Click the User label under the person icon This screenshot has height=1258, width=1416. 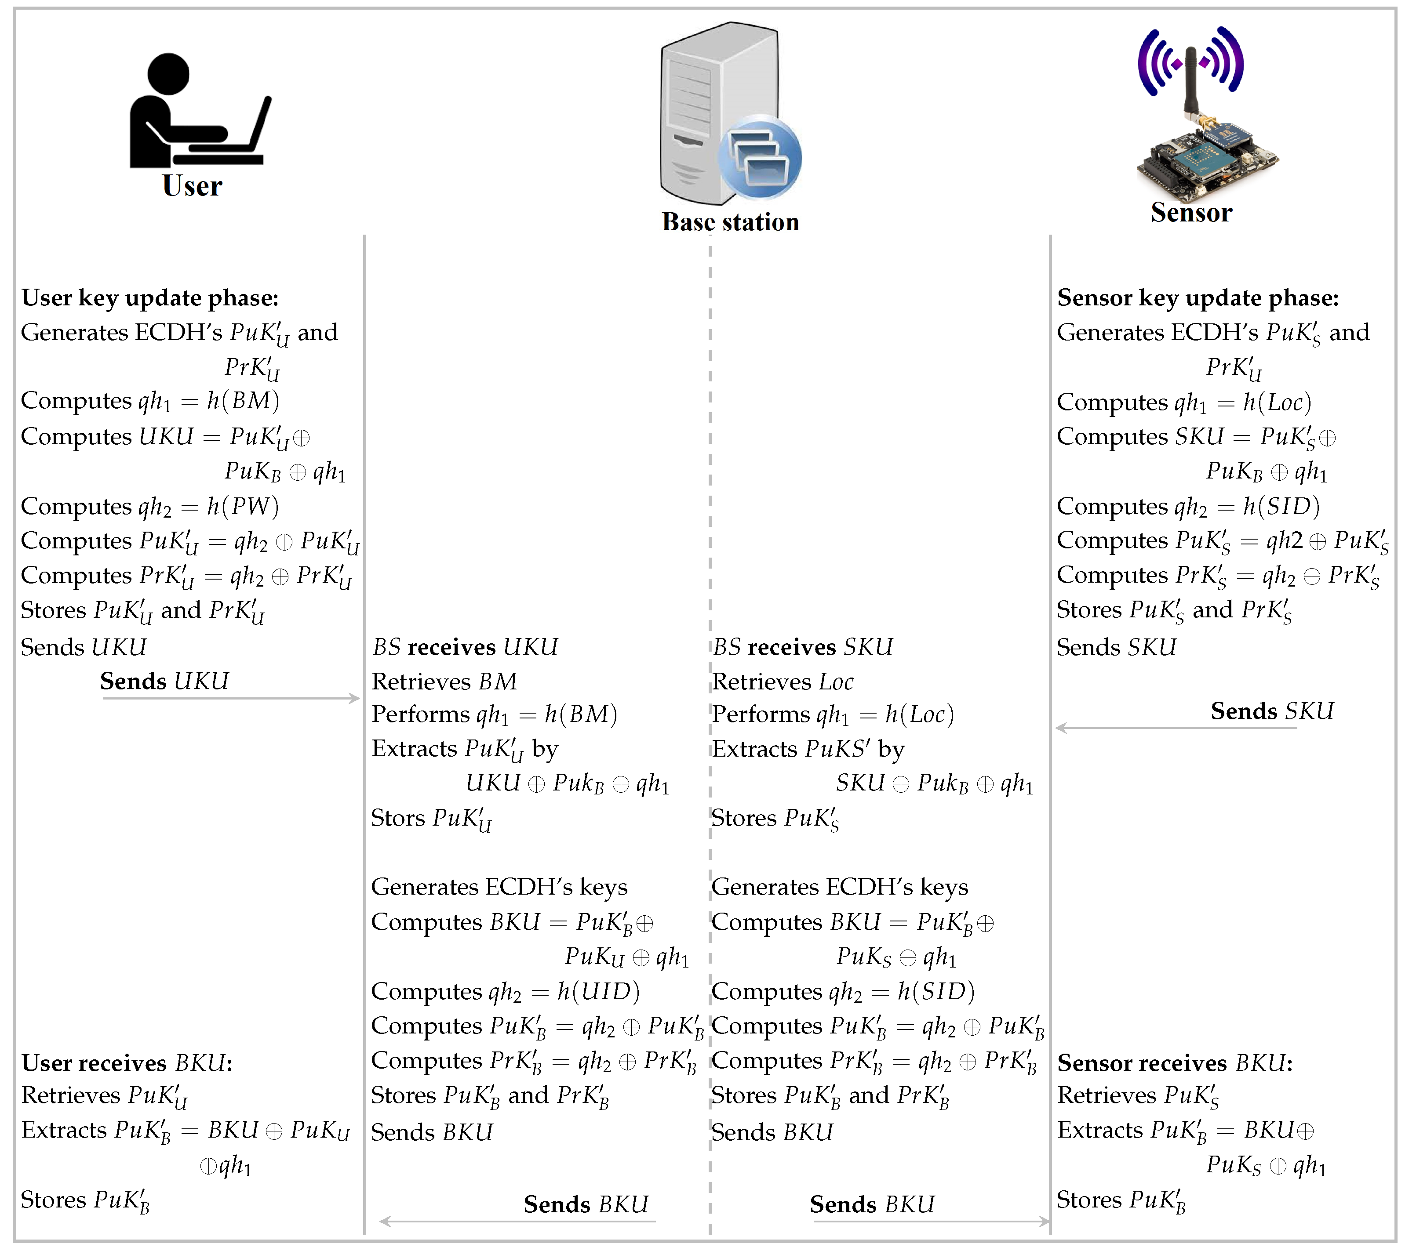(x=192, y=185)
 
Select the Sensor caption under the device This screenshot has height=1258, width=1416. (x=1191, y=212)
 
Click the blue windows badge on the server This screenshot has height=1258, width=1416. (x=760, y=158)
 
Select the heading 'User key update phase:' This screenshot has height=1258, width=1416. (x=149, y=298)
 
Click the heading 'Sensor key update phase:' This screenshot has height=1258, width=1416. (x=1198, y=298)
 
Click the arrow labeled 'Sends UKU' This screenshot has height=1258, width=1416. (x=231, y=698)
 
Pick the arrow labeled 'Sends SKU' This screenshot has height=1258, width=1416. (x=1176, y=728)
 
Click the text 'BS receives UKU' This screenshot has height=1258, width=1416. (x=465, y=647)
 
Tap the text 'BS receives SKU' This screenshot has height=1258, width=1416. (x=803, y=647)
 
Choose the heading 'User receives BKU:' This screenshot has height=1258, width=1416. (x=127, y=1063)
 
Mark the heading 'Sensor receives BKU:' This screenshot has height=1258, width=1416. (x=1175, y=1063)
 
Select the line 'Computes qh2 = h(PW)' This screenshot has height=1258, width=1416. (x=149, y=506)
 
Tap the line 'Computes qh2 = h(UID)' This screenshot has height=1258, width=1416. (x=505, y=991)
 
